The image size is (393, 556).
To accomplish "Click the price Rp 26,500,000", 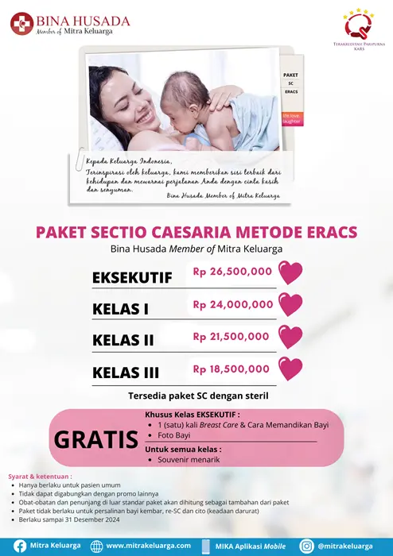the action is (x=232, y=272).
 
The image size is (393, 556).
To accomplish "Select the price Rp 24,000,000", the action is (x=232, y=304).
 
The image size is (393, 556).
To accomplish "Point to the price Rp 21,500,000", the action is (x=232, y=337).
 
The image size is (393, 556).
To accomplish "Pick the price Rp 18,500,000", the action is (x=232, y=369).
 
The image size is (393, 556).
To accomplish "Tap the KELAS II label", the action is (x=123, y=341).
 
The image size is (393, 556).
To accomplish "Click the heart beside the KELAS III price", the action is (x=292, y=369).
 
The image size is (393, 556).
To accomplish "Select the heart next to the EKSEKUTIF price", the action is (x=292, y=273).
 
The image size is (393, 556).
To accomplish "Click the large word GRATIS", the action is (x=93, y=438).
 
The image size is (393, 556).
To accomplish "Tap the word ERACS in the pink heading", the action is (x=327, y=232).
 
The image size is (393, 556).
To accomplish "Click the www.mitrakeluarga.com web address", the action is (x=149, y=546).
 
